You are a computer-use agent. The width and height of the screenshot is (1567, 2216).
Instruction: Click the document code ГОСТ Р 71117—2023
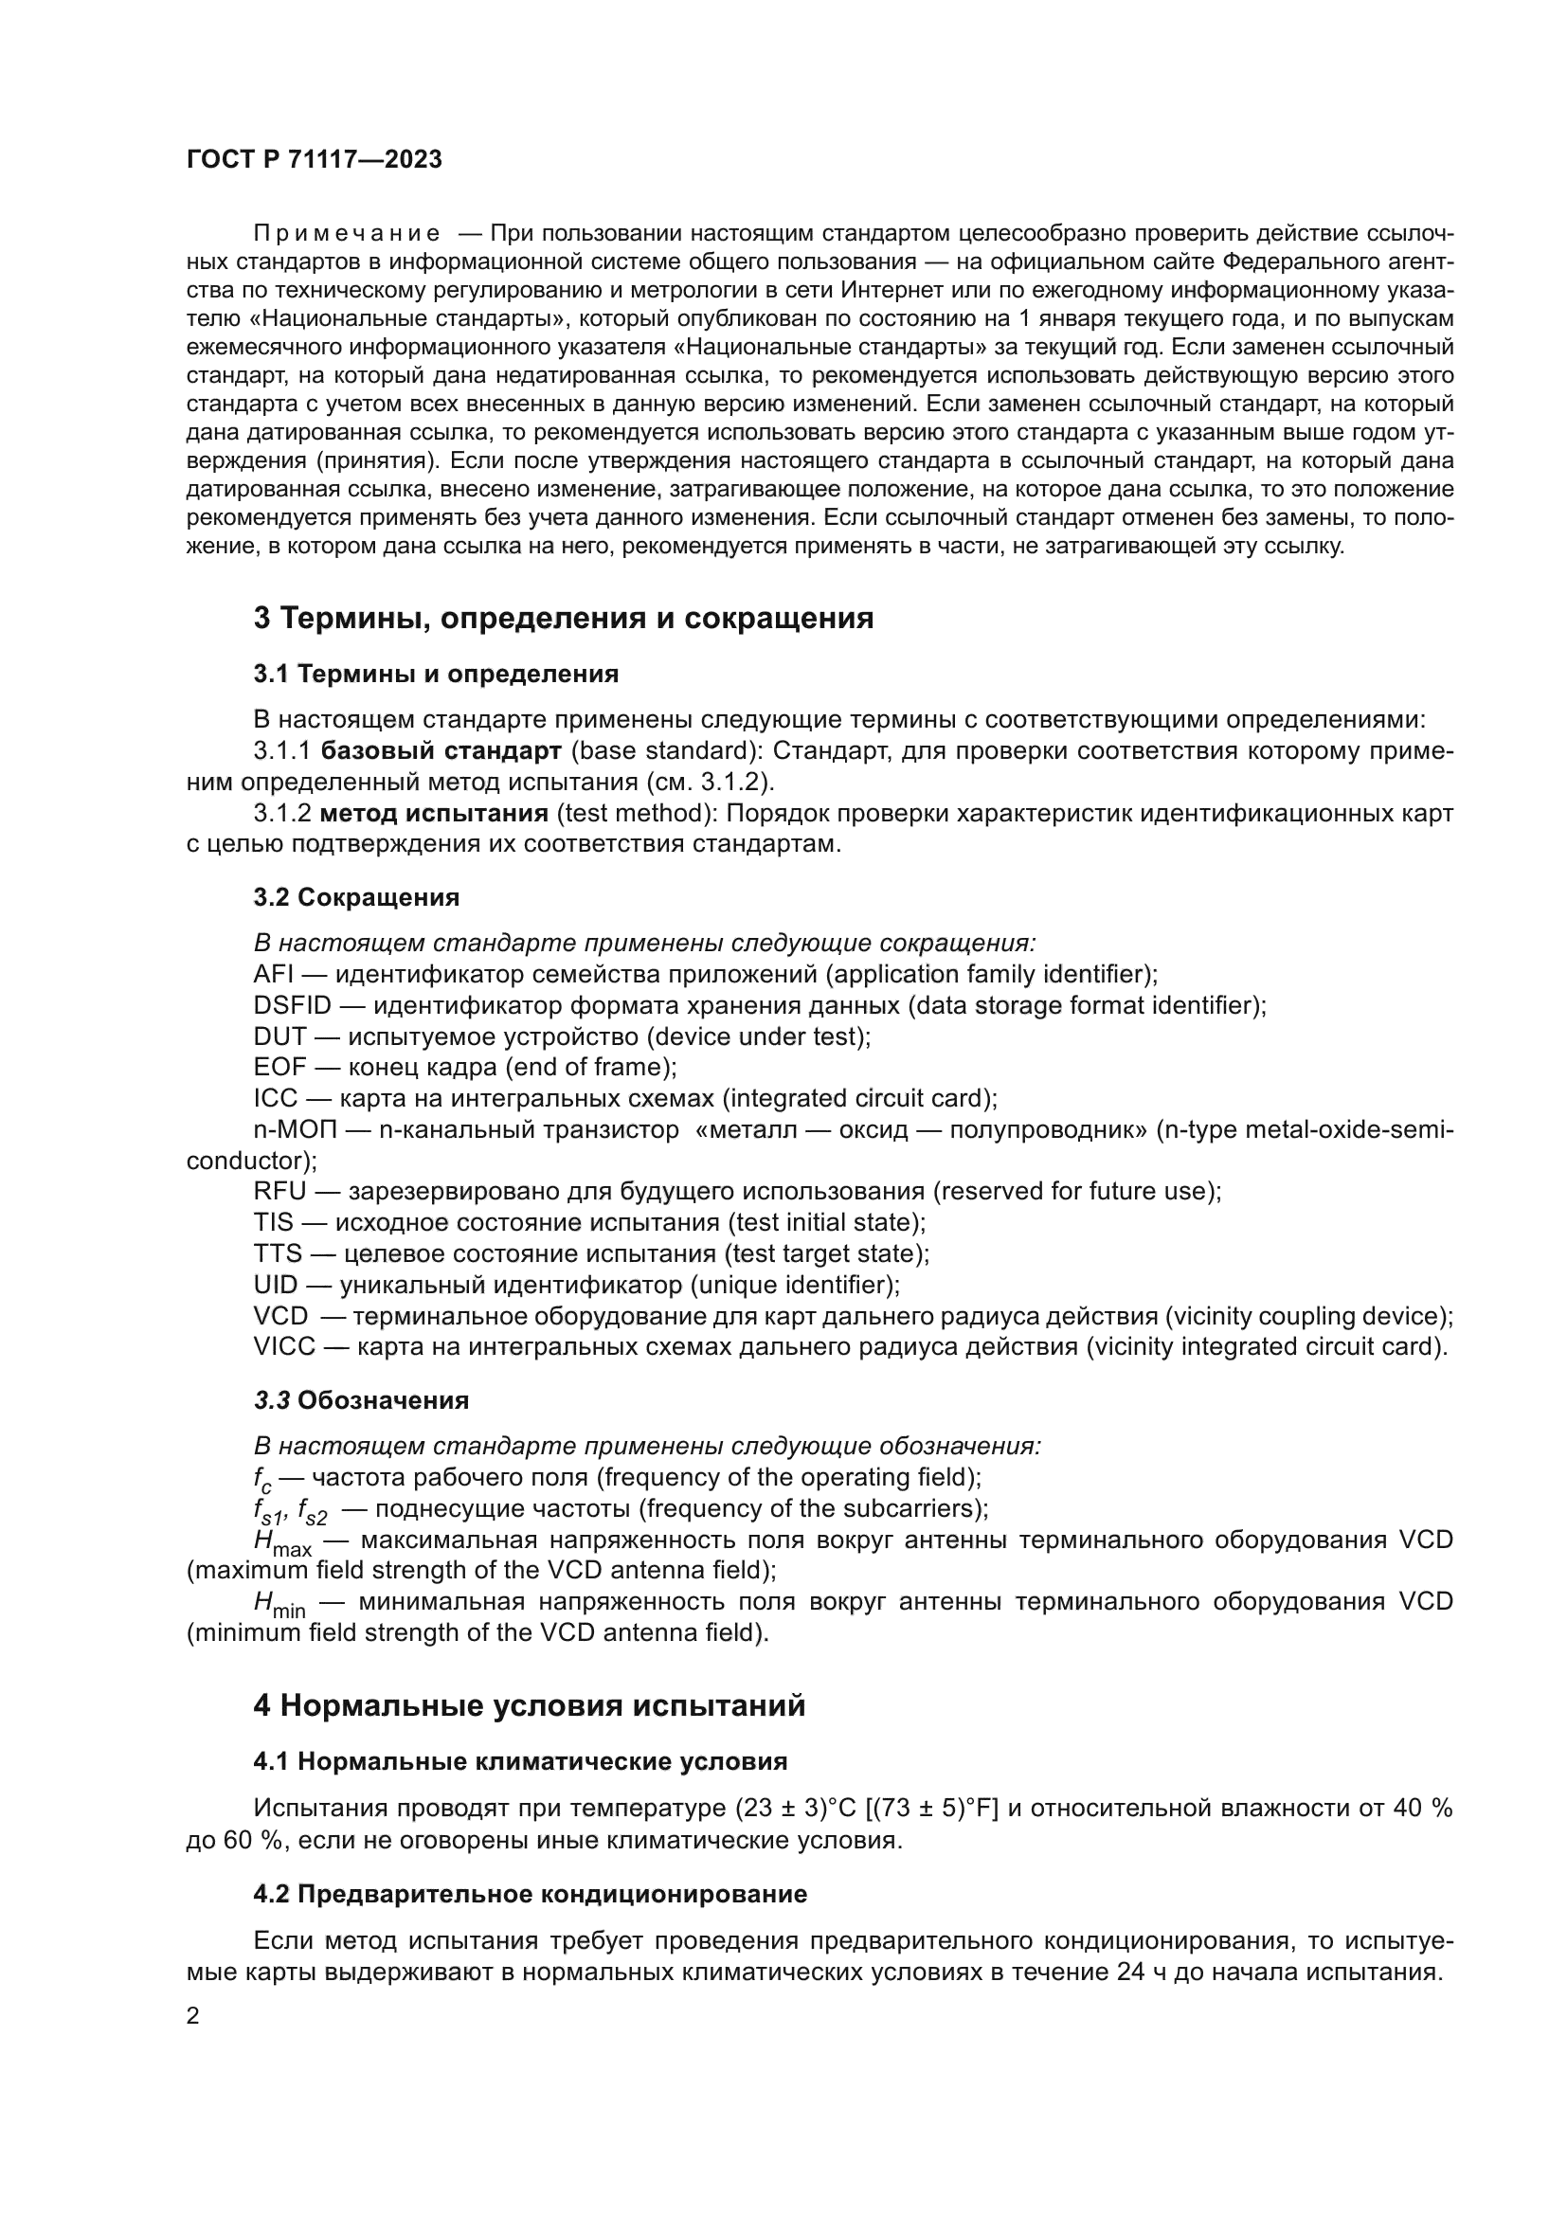point(314,160)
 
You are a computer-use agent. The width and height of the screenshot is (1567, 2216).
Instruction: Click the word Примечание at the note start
point(347,234)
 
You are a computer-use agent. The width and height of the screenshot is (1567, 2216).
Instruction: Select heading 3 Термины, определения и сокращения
point(563,618)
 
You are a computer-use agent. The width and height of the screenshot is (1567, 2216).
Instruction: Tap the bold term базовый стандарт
point(441,751)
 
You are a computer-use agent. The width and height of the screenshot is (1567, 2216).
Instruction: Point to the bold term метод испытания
point(434,814)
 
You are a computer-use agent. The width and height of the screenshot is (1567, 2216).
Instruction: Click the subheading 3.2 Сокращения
point(356,897)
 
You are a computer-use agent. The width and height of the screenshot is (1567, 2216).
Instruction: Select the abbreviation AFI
point(272,974)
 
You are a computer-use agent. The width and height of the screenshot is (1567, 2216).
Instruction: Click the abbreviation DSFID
point(292,1006)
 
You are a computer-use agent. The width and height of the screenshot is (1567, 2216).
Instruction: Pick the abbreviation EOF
point(279,1068)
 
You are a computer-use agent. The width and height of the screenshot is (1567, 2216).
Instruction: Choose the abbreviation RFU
point(279,1192)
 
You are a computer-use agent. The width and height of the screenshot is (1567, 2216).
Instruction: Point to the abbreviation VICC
point(283,1347)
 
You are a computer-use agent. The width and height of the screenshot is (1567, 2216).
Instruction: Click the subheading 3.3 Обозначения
point(361,1400)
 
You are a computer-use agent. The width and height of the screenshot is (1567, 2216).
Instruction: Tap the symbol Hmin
point(279,1604)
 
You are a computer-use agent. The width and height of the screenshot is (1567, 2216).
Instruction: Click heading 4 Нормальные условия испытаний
point(529,1705)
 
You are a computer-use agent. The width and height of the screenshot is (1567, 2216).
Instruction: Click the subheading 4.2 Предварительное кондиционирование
point(530,1895)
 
